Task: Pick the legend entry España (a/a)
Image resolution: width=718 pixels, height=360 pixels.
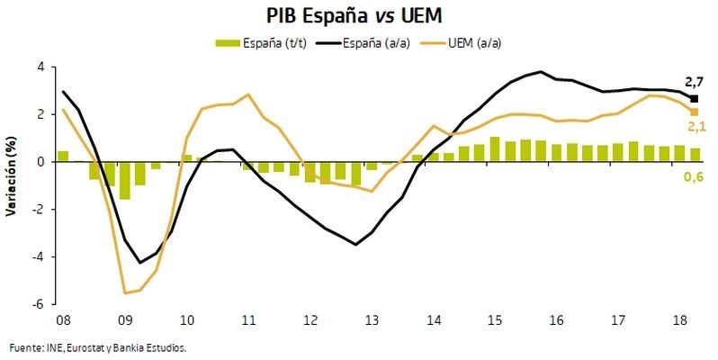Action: point(377,42)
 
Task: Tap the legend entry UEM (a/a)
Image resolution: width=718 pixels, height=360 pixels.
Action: point(478,42)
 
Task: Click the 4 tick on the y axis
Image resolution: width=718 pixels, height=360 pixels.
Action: point(40,67)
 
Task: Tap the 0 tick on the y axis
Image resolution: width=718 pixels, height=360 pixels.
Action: point(40,162)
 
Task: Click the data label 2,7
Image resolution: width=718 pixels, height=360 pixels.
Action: point(694,83)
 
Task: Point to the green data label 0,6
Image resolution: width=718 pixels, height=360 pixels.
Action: point(694,176)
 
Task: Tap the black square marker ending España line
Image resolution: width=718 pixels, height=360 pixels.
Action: point(694,98)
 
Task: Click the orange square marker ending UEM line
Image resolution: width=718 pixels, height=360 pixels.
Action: point(694,112)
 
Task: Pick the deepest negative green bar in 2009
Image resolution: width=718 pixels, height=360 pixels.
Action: point(124,180)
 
